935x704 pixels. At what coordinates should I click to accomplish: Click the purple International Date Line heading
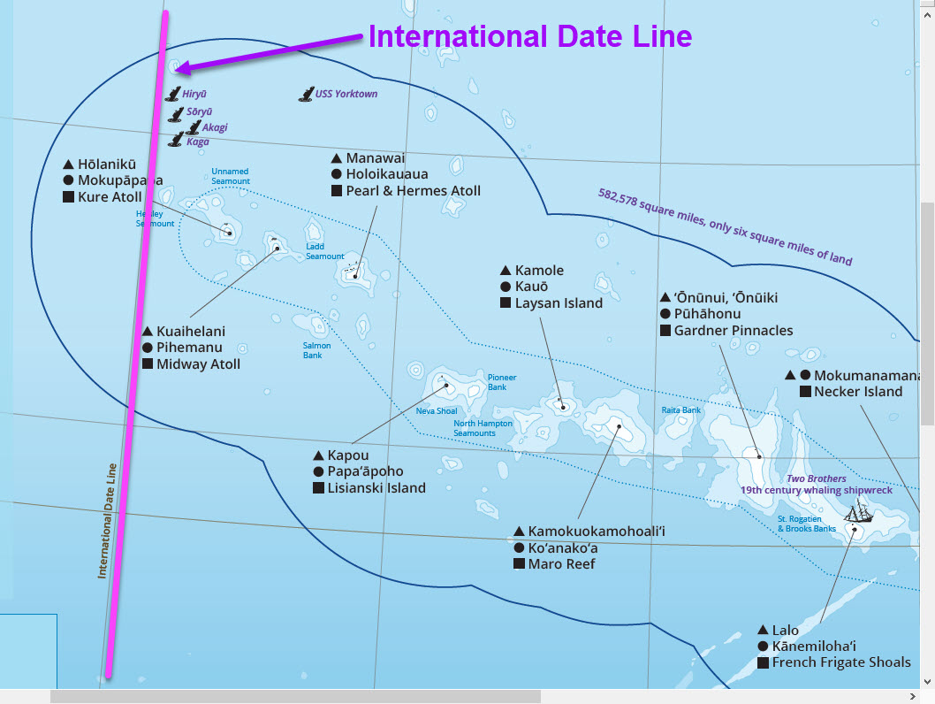[529, 36]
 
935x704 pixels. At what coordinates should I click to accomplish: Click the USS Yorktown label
[346, 94]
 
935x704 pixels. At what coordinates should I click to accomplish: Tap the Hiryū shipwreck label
[195, 93]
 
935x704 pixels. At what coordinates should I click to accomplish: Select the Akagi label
[215, 127]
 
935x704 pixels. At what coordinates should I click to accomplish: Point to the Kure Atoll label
[110, 196]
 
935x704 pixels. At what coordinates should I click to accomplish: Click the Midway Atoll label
[198, 363]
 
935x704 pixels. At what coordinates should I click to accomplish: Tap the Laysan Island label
[559, 302]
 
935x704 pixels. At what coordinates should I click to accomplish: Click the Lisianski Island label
[376, 487]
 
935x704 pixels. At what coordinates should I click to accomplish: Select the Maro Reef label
[561, 563]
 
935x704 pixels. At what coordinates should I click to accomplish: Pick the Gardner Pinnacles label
[734, 330]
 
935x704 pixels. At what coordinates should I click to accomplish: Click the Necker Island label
[858, 391]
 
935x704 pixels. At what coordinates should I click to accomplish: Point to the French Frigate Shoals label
[841, 662]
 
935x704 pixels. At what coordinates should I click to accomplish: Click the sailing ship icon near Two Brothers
[857, 512]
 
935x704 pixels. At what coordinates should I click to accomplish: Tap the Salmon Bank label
[317, 350]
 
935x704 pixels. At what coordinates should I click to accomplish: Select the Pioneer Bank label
[502, 382]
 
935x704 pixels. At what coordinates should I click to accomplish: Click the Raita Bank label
[680, 410]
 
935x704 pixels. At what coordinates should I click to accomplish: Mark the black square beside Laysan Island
[506, 302]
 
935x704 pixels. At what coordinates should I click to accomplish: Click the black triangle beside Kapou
[319, 455]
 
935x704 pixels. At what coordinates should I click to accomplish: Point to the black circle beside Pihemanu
[148, 348]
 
